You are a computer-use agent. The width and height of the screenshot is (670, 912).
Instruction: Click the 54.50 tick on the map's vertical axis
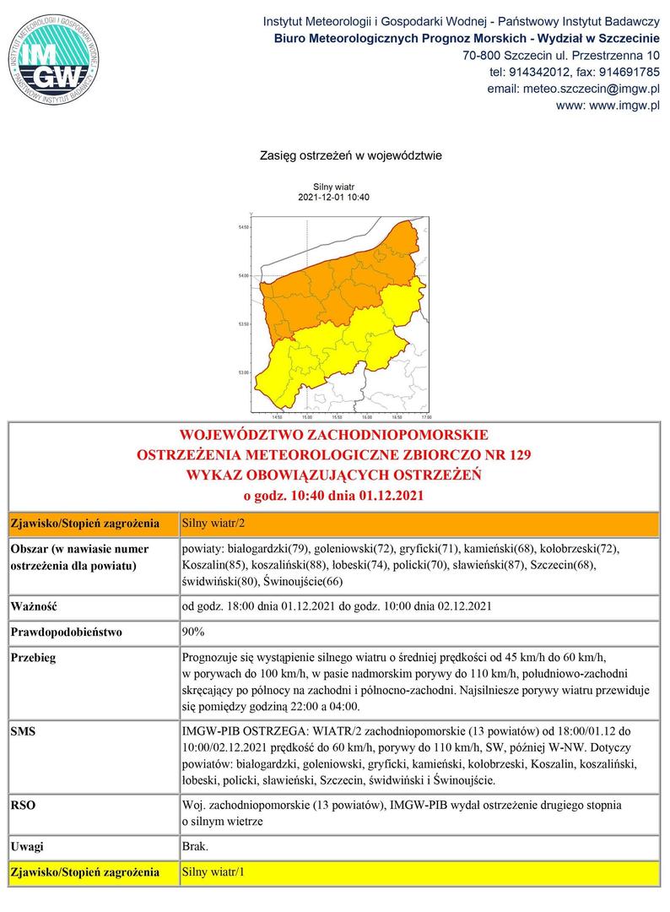point(244,228)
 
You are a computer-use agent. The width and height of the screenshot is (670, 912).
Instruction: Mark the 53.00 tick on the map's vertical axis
point(244,372)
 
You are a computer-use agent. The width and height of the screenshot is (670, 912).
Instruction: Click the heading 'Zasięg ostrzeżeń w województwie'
point(334,156)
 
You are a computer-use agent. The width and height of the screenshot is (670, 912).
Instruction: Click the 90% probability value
point(193,632)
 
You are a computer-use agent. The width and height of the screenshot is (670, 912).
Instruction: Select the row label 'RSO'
point(23,806)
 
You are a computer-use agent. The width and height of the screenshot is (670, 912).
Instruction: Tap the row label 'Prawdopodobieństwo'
point(66,632)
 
